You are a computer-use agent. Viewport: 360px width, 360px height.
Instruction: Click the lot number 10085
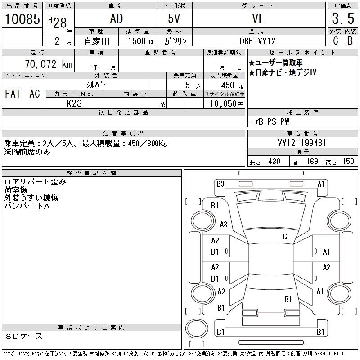(x=22, y=18)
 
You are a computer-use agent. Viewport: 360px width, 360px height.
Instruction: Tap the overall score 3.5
(x=343, y=18)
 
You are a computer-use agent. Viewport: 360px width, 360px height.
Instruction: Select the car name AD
(x=117, y=18)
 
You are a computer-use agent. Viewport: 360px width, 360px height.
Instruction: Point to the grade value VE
(x=259, y=18)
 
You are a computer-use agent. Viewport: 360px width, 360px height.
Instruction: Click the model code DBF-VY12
(x=257, y=41)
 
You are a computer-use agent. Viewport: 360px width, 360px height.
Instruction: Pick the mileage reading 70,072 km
(x=49, y=64)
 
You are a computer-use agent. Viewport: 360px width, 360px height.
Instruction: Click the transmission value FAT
(x=13, y=94)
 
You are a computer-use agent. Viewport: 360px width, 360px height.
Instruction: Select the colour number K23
(x=74, y=103)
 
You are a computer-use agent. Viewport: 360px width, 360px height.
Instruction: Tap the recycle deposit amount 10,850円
(x=227, y=104)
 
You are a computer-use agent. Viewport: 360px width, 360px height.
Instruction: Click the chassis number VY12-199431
(x=302, y=143)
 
